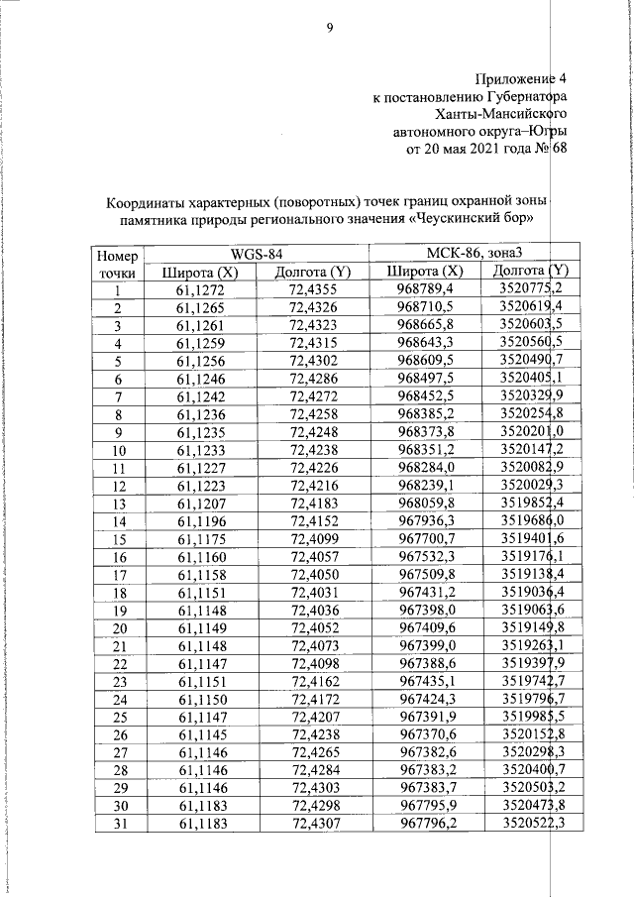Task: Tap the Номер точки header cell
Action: tap(117, 263)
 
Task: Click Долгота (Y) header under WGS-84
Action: tap(312, 272)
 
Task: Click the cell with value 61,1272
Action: tap(200, 289)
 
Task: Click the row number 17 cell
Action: tap(117, 573)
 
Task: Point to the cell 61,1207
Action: tap(200, 503)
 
